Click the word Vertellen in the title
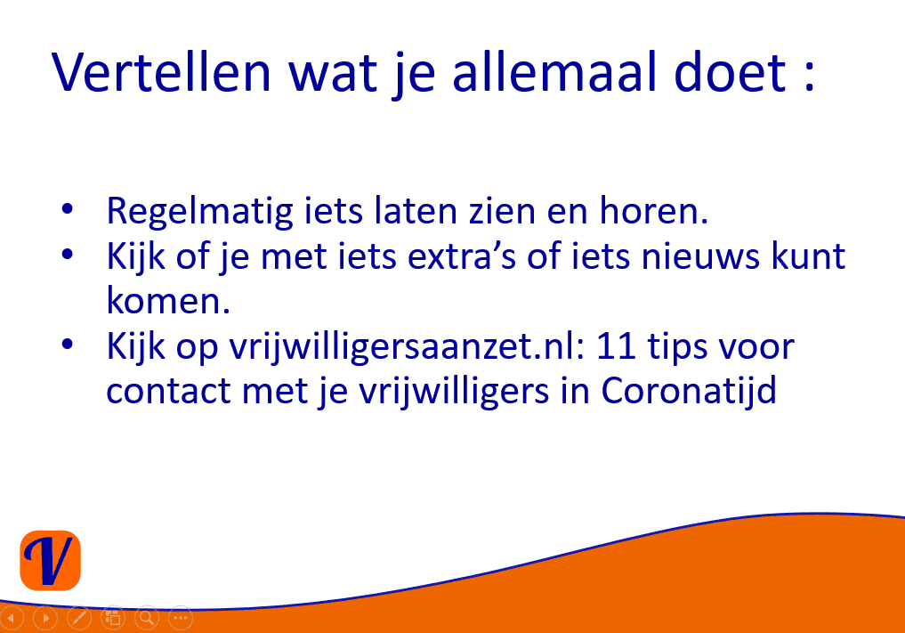pos(161,72)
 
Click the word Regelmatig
pos(199,212)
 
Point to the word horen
pos(653,210)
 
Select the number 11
pos(616,346)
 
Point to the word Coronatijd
pos(689,392)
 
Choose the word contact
pos(168,392)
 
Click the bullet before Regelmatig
pos(68,208)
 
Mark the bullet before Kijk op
pos(68,345)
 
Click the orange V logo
pos(50,560)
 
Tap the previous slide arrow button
pos(12,618)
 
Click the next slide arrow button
pos(45,618)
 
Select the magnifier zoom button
pos(147,618)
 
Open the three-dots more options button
pos(181,618)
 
